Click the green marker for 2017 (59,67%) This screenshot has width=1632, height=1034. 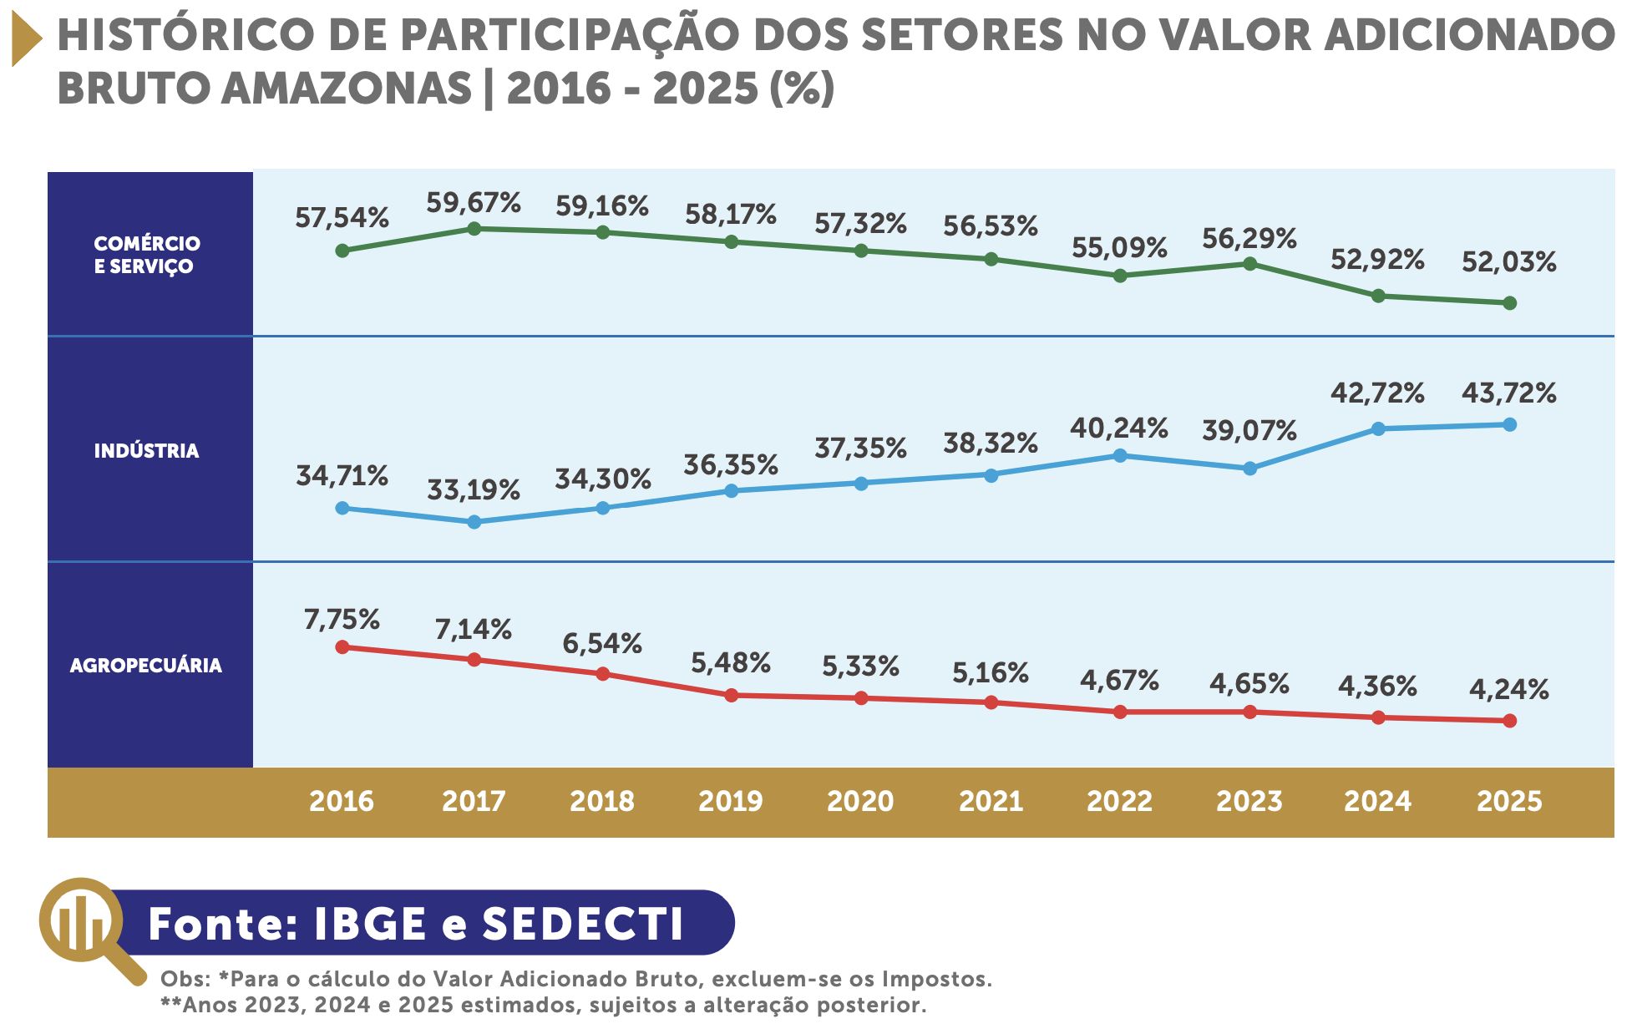tap(474, 228)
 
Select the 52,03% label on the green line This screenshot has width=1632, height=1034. tap(1508, 262)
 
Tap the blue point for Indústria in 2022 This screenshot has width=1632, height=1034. tap(1120, 455)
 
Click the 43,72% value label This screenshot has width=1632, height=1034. tap(1508, 393)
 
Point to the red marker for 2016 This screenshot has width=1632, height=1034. tap(342, 646)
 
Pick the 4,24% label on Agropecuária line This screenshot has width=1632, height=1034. tap(1508, 689)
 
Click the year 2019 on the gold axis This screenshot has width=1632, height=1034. tap(730, 801)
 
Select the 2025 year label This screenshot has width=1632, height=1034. tap(1508, 801)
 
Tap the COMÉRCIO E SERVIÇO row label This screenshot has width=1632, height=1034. tap(147, 255)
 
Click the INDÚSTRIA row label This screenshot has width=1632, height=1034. tap(147, 451)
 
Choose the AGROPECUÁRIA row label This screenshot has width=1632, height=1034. tap(146, 666)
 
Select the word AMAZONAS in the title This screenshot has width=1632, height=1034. tap(347, 89)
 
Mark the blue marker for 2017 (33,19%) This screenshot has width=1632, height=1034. tap(474, 522)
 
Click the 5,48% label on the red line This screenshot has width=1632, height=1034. tap(730, 663)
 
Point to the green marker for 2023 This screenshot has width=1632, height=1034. tap(1249, 264)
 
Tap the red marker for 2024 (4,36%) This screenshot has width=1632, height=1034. tap(1378, 717)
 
